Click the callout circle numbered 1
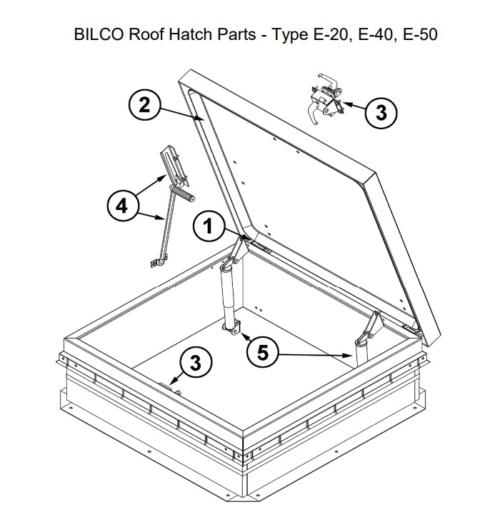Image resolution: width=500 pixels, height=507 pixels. coord(208,227)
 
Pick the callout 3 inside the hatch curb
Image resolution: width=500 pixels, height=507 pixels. coord(194,363)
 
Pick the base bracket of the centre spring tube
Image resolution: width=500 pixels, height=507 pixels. coord(234,329)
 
